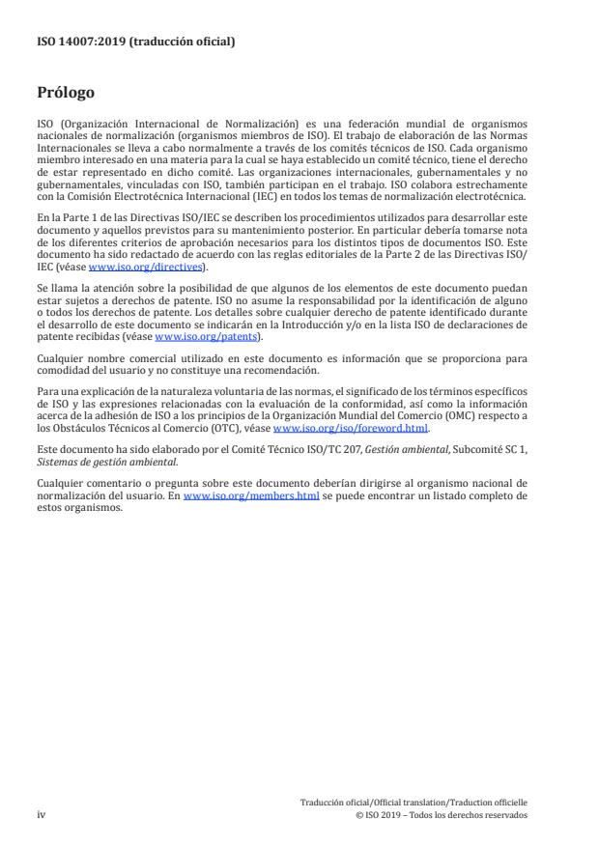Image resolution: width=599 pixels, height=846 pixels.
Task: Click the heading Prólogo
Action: coord(66,93)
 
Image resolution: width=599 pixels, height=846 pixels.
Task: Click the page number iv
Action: coord(42,814)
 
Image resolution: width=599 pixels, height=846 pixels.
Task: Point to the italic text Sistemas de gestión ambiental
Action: coord(94,462)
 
